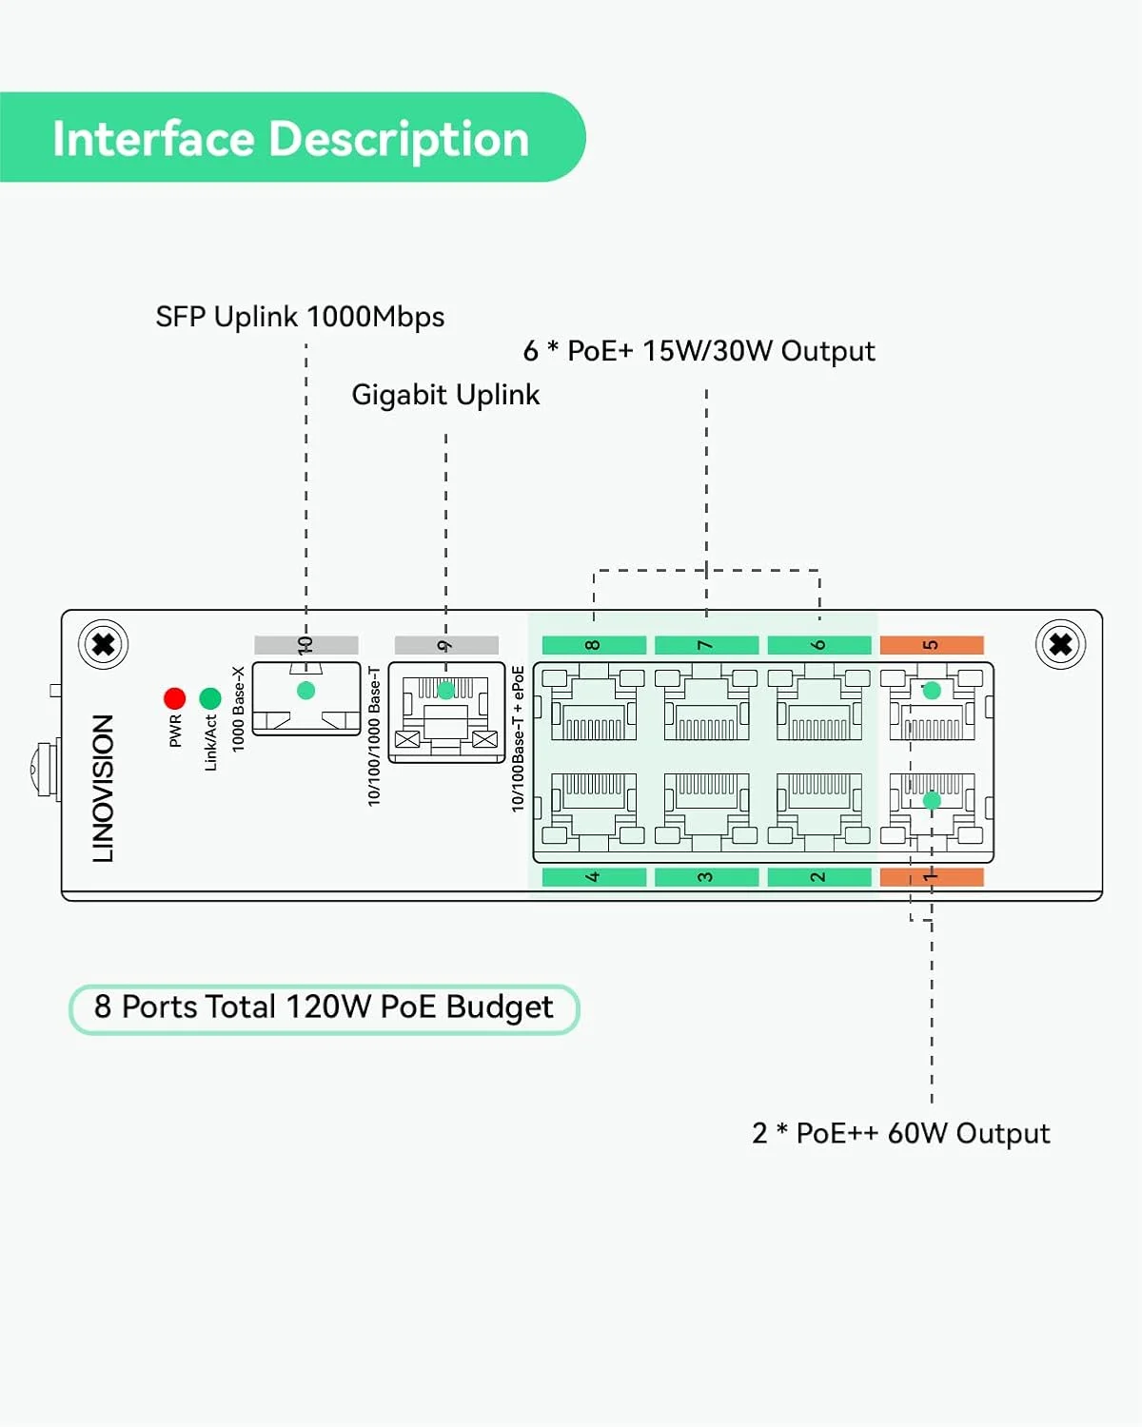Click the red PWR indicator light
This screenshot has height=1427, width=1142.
point(174,699)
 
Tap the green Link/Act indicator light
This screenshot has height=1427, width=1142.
point(210,699)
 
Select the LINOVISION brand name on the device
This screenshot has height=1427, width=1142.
point(103,789)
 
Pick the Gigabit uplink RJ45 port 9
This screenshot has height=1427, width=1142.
point(446,713)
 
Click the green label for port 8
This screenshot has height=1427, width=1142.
point(594,645)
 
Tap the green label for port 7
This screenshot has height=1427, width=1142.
point(706,645)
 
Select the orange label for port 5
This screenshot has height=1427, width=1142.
point(932,645)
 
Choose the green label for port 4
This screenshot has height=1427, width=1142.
point(594,877)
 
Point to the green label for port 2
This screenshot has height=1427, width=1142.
point(818,877)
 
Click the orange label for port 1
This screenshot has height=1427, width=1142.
point(932,877)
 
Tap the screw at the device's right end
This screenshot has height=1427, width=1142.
point(1060,645)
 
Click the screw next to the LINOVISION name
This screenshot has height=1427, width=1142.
point(104,645)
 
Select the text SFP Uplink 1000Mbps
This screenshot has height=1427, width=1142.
point(300,317)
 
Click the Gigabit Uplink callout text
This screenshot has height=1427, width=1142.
point(445,395)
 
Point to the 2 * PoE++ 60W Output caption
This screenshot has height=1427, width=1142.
point(900,1133)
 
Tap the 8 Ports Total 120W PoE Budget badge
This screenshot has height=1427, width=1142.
point(324,1007)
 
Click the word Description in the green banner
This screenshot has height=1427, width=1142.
point(399,139)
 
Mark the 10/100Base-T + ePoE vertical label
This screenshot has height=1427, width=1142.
point(518,738)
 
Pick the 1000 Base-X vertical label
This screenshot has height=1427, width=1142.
point(239,709)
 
